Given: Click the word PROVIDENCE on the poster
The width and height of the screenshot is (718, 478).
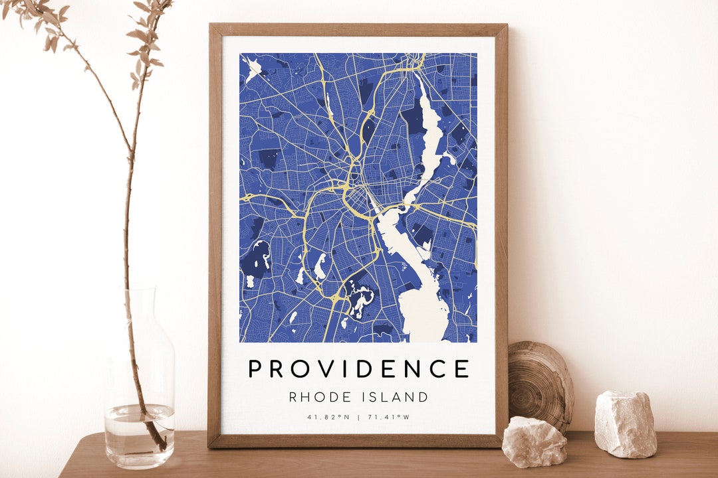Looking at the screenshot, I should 359,368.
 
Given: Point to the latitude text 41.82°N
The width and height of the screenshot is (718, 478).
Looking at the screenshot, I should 328,417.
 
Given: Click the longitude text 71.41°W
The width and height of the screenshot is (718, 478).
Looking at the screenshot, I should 389,417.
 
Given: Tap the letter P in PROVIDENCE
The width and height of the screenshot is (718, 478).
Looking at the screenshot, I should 255,368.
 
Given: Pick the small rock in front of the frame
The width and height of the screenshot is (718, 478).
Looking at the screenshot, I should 534,441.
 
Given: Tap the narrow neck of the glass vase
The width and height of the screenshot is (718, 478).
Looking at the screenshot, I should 140,312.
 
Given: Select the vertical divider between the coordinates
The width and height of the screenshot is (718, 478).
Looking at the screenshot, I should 358,417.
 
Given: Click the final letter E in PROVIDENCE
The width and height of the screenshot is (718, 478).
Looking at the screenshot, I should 463,368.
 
